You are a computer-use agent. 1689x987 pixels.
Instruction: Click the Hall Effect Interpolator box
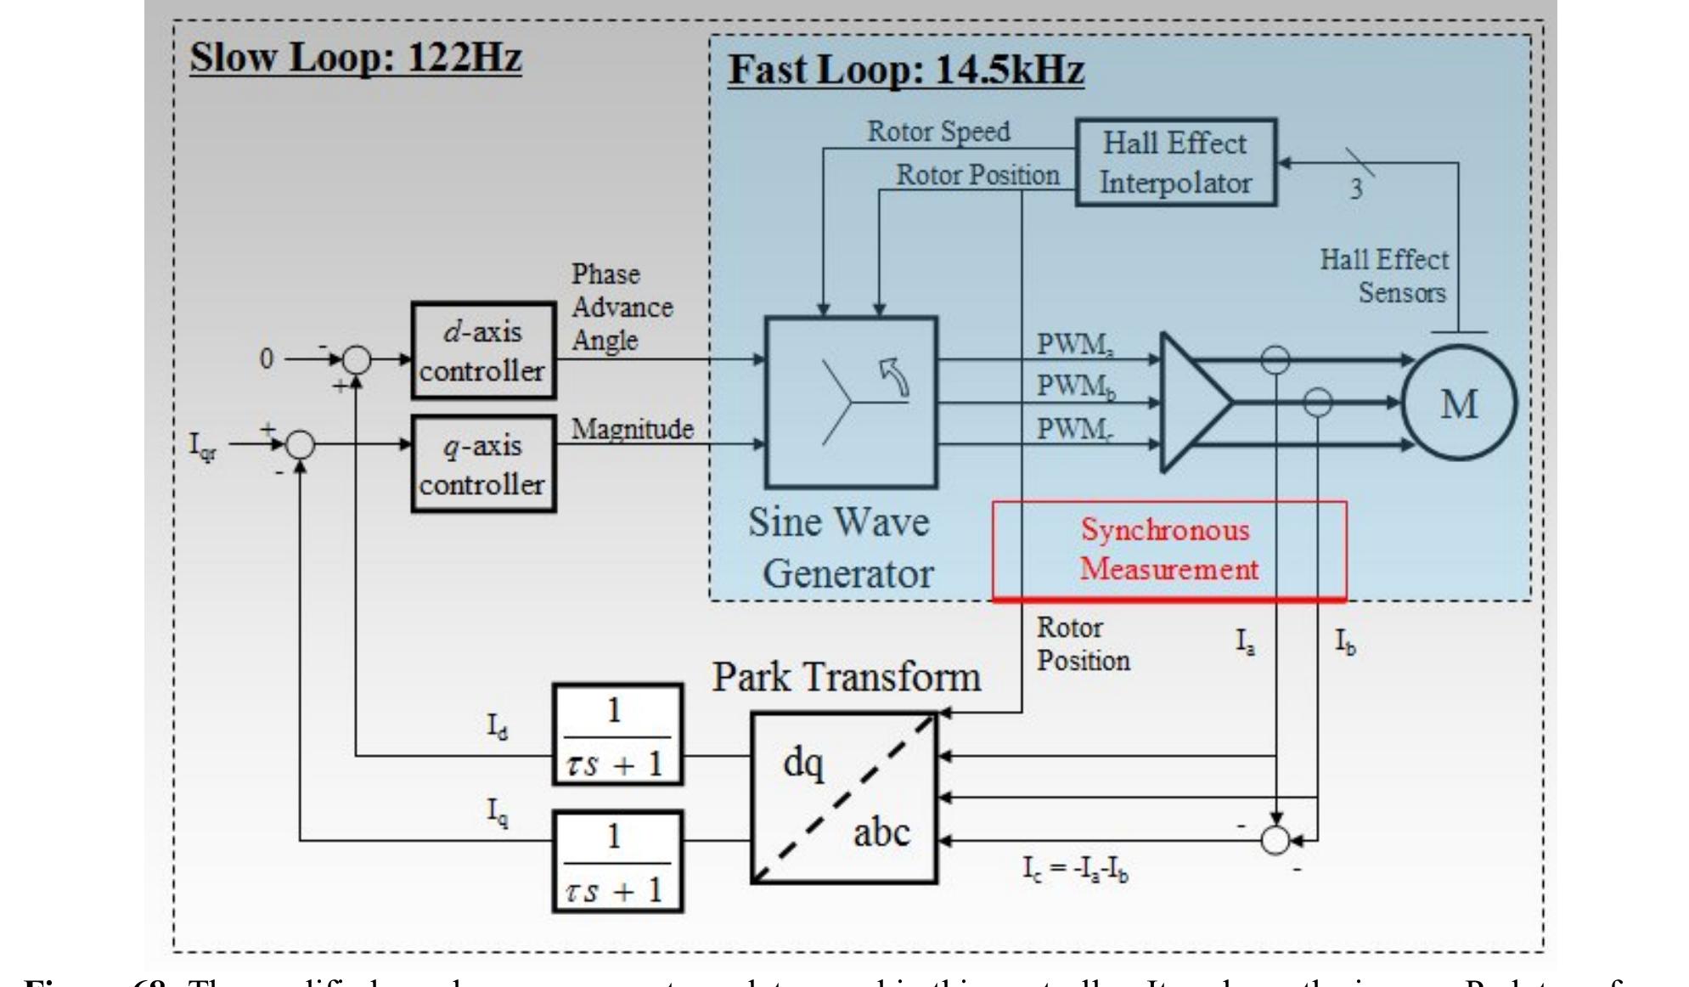click(1175, 162)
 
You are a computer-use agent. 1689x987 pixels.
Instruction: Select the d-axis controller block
click(483, 350)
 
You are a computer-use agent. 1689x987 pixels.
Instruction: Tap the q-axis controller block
click(483, 464)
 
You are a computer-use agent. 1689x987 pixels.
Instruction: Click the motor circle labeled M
click(1458, 403)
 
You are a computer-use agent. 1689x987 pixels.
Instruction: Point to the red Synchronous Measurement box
click(1168, 550)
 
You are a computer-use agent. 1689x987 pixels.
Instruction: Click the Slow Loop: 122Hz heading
click(355, 58)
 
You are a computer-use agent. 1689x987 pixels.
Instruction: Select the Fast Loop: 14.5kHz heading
click(905, 70)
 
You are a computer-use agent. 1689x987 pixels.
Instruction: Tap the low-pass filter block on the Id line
click(617, 735)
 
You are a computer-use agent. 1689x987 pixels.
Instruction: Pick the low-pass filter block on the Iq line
click(617, 861)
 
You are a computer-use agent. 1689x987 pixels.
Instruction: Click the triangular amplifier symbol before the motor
click(1193, 402)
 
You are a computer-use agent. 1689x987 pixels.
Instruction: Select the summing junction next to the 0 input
click(357, 360)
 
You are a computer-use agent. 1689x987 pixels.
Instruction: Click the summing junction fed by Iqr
click(299, 444)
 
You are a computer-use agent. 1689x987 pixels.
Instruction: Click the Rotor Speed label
click(937, 132)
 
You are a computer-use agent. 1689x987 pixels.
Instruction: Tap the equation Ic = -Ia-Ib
click(1075, 868)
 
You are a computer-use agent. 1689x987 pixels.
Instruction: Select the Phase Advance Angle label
click(621, 307)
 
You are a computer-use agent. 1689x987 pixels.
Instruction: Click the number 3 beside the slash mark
click(1356, 189)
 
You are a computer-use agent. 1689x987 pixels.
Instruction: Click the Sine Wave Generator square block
click(851, 402)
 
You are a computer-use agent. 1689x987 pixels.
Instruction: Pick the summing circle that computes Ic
click(1275, 840)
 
